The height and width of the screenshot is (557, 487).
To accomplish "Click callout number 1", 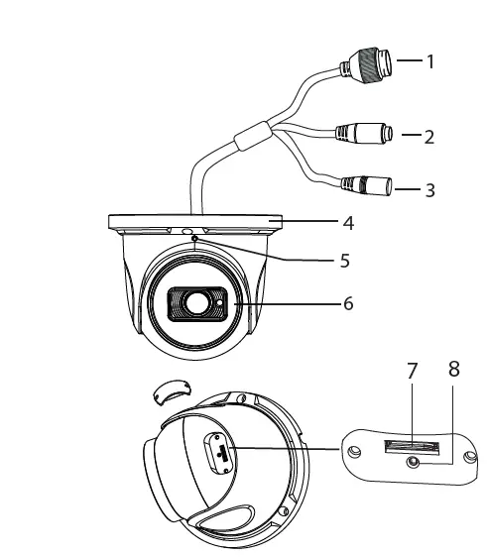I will (x=430, y=61).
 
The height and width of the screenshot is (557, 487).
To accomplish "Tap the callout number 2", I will (x=428, y=137).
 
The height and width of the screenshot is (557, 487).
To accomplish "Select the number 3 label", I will (x=428, y=189).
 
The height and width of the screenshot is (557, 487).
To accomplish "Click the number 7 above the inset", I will (x=412, y=370).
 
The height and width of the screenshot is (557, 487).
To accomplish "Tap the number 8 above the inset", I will (x=454, y=370).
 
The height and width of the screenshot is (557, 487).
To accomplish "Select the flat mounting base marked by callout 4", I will (x=196, y=223).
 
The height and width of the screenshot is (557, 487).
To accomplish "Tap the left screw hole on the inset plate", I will (x=354, y=452).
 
